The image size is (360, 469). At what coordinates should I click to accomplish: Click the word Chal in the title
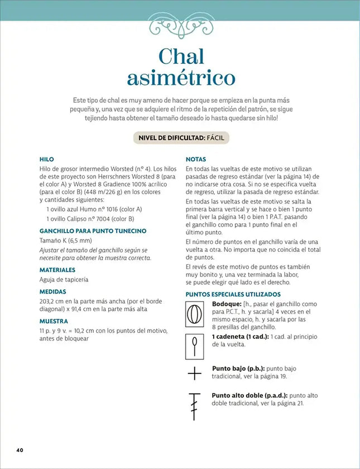click(181, 56)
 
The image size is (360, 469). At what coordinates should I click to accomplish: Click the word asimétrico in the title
click(181, 78)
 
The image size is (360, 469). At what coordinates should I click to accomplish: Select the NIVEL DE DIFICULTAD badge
click(180, 138)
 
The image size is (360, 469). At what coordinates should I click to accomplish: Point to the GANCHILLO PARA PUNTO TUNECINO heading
click(93, 230)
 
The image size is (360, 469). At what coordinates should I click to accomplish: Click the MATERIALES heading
click(57, 270)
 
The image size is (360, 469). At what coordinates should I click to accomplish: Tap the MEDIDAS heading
click(52, 291)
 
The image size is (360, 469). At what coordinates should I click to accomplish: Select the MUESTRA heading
click(54, 321)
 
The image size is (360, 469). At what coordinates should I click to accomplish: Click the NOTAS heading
click(196, 159)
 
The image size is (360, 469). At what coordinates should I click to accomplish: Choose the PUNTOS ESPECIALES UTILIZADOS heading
click(233, 294)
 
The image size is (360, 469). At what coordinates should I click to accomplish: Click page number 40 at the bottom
click(20, 449)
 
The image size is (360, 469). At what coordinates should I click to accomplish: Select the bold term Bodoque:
click(227, 304)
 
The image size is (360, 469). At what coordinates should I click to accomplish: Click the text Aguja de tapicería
click(64, 279)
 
